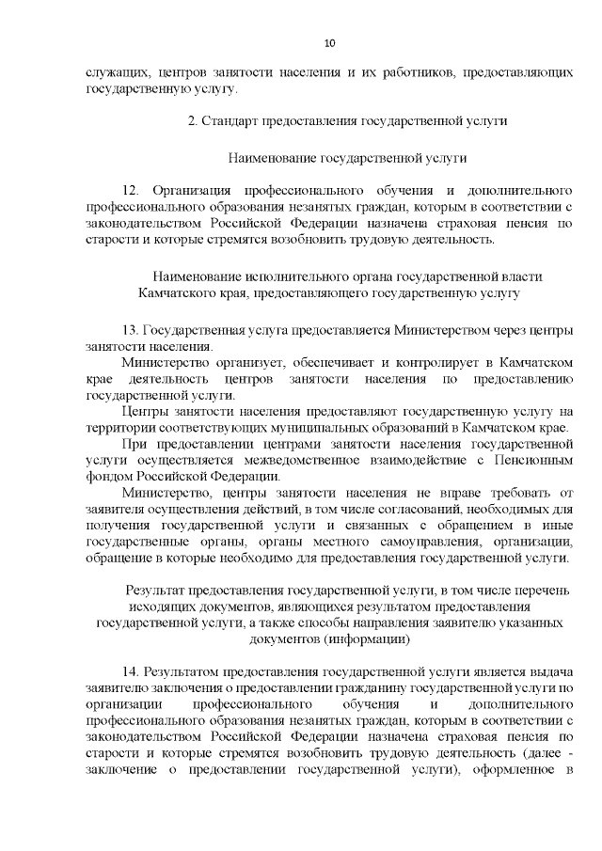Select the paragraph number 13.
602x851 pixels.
pos(131,331)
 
